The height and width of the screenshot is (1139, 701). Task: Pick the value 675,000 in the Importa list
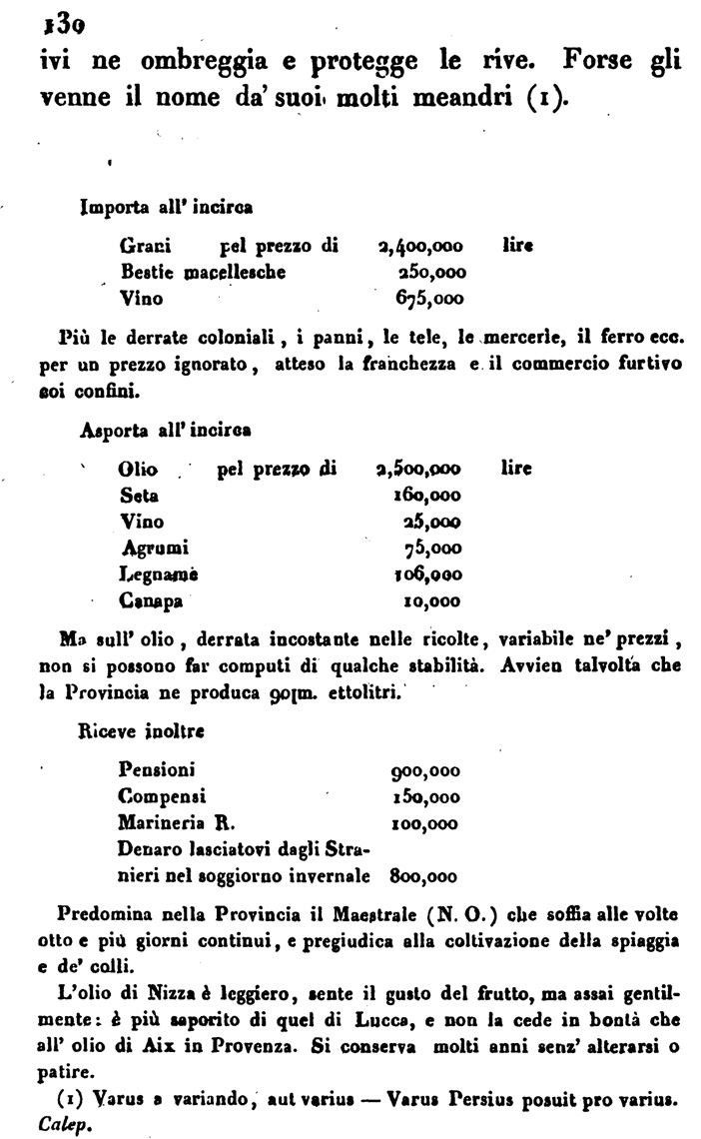coord(429,298)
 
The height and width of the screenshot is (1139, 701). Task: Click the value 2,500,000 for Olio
coord(418,469)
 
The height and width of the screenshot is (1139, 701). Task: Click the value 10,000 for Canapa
coord(432,601)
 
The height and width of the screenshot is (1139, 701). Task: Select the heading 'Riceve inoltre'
coord(139,731)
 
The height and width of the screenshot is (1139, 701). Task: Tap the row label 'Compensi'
coord(162,796)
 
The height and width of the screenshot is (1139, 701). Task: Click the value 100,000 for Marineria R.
coord(423,823)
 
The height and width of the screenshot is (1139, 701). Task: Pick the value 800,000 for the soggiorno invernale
coord(423,877)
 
